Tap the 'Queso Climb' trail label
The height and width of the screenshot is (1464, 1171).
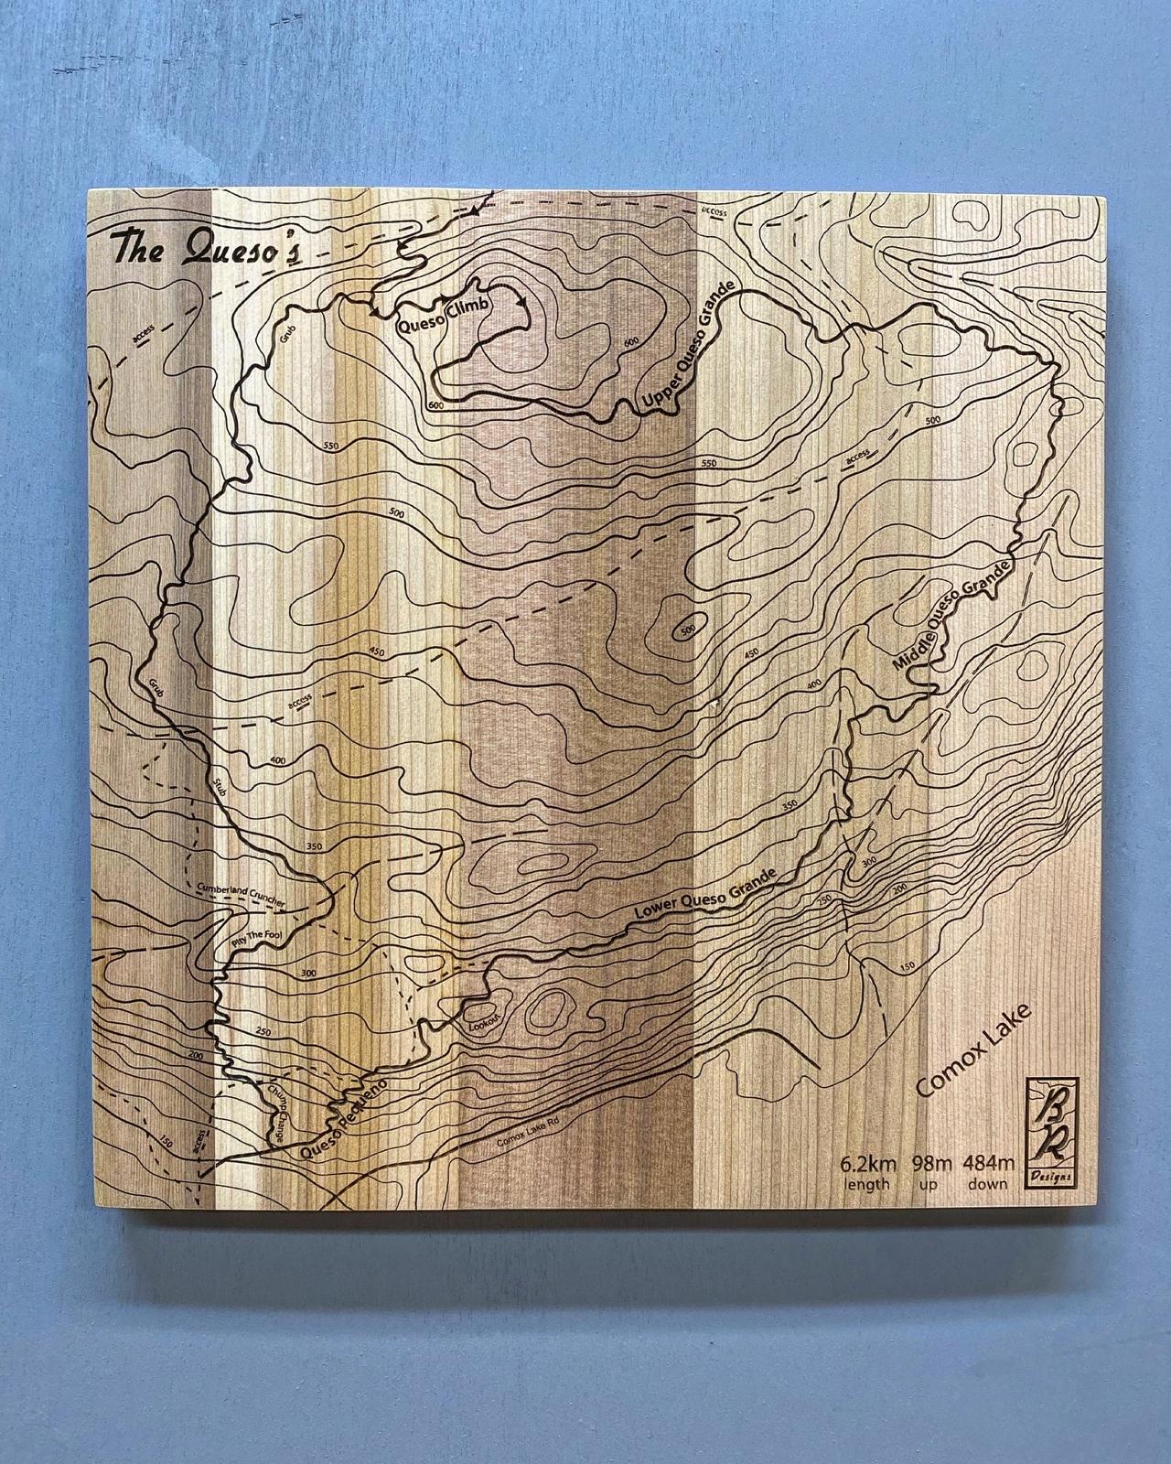pyautogui.click(x=443, y=314)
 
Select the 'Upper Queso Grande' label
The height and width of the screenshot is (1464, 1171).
pyautogui.click(x=688, y=351)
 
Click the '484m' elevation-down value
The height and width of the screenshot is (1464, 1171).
pyautogui.click(x=988, y=1164)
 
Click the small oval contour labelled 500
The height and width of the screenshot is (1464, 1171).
pyautogui.click(x=687, y=630)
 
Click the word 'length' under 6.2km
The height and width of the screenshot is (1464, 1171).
pyautogui.click(x=868, y=1184)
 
